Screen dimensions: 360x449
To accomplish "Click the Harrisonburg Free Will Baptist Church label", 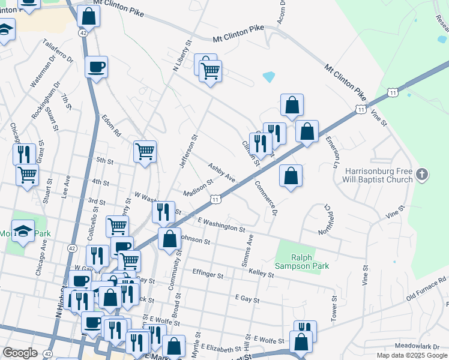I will point(379,175).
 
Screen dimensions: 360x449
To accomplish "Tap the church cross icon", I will point(422,175).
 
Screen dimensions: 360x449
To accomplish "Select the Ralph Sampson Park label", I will point(303,261).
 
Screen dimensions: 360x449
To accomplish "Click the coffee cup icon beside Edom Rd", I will point(96,67).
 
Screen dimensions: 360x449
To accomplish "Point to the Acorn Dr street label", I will point(282,12).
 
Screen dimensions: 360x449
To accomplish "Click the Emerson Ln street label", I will point(333,151).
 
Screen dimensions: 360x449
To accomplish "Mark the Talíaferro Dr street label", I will point(58,52).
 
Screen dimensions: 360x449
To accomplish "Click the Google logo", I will point(20,353).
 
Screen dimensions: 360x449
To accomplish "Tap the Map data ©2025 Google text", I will point(412,355).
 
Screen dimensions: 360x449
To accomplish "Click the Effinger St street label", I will point(208,274).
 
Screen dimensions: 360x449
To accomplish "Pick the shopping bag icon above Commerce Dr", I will point(291,176).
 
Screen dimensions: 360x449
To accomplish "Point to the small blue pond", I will point(268,77).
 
